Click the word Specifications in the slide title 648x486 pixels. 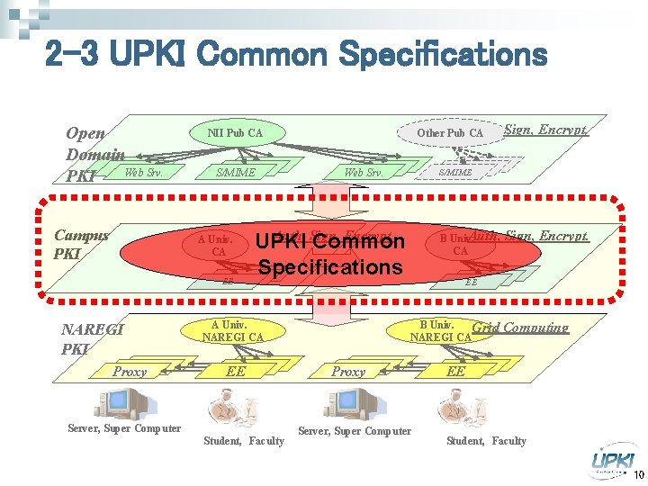tap(442, 55)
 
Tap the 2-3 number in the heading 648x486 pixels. tap(76, 55)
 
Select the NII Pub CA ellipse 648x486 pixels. tap(235, 133)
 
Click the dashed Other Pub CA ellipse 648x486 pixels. tap(449, 133)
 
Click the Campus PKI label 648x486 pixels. tap(81, 244)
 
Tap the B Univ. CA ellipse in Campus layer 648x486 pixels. tap(460, 244)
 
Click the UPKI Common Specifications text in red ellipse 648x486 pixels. tap(330, 255)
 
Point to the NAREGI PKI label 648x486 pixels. tap(91, 339)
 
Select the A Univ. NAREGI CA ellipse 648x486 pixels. tap(231, 331)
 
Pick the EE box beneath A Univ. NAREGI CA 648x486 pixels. tap(236, 371)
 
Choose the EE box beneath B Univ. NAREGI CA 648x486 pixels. tap(456, 371)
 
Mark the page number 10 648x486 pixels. tap(638, 475)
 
